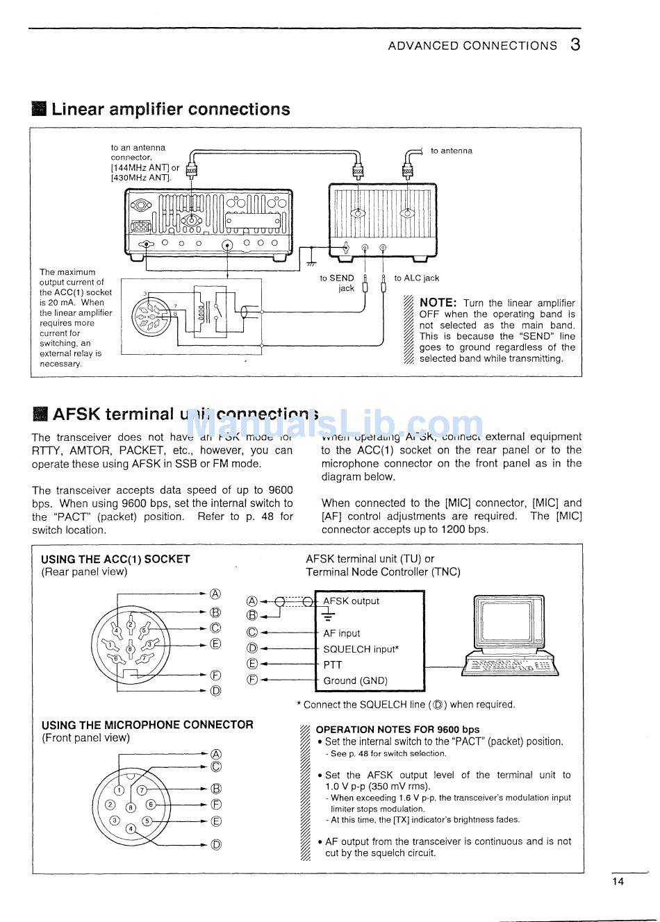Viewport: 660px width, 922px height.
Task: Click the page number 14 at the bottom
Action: click(618, 882)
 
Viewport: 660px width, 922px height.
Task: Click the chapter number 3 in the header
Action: click(575, 45)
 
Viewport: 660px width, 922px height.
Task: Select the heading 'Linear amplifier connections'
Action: click(170, 109)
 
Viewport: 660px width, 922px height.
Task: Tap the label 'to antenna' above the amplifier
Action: click(451, 151)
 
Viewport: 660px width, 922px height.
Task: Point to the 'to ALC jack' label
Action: click(417, 278)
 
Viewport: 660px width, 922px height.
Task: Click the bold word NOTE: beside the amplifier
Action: click(438, 303)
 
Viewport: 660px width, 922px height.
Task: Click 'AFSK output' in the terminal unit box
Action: click(351, 601)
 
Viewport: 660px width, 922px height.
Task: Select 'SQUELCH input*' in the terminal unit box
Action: click(361, 649)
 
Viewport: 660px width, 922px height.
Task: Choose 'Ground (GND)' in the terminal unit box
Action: click(355, 681)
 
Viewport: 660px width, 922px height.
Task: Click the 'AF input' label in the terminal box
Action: click(341, 633)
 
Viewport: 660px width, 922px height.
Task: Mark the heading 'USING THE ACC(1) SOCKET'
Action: click(115, 559)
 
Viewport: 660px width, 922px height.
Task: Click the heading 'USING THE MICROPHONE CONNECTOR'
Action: click(147, 725)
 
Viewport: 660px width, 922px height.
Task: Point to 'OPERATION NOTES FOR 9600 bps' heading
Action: click(397, 730)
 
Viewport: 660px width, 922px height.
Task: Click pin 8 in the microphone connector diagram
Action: click(130, 807)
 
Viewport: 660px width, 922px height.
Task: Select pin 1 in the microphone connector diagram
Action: click(119, 790)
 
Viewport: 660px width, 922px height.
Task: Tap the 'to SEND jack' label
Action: click(338, 283)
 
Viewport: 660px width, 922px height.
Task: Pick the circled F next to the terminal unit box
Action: click(252, 680)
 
